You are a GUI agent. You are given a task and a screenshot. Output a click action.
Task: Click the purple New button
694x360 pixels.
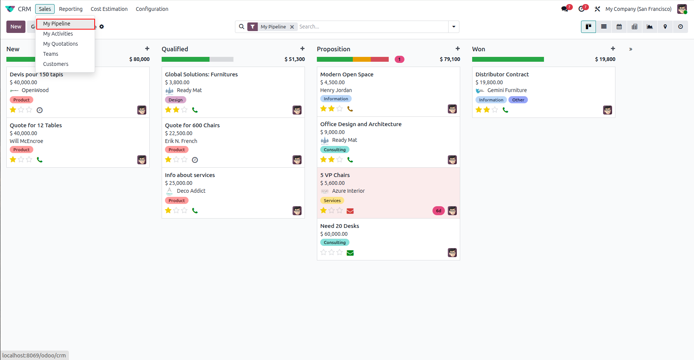coord(16,27)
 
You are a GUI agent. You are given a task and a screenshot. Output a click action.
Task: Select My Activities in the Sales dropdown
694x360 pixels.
coord(58,34)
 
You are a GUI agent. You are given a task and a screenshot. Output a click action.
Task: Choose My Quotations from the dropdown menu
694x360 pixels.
coord(60,44)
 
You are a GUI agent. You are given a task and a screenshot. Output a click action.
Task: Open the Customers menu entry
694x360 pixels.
coord(56,64)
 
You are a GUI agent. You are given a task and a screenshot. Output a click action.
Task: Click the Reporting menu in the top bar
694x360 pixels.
coord(71,9)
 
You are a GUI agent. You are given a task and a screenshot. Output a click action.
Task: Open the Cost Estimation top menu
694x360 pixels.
coord(109,9)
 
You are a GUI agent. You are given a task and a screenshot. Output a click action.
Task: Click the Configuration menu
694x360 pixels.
coord(152,9)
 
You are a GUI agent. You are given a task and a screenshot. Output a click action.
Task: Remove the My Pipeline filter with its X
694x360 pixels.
coord(292,27)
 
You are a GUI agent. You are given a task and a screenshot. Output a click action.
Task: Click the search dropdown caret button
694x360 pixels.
coord(454,27)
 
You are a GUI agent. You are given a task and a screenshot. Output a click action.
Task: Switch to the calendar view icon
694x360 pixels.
coord(619,27)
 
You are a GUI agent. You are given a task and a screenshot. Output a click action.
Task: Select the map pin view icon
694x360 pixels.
coord(665,27)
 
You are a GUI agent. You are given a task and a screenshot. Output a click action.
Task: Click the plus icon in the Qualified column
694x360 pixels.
coord(302,49)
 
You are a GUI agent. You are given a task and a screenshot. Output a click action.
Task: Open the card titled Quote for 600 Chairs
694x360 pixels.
coord(192,125)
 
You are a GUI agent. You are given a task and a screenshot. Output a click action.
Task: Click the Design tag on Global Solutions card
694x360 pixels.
coord(175,100)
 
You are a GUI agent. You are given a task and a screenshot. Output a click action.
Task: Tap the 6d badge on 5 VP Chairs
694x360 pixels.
coord(438,211)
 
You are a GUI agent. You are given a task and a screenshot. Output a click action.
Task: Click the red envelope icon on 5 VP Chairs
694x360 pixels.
coord(350,211)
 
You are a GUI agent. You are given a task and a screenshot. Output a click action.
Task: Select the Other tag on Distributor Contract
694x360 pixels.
coord(518,100)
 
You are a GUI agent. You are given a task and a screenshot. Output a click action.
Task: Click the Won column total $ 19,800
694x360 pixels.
coord(605,59)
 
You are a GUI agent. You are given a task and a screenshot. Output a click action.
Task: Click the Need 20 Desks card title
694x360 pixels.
coord(340,226)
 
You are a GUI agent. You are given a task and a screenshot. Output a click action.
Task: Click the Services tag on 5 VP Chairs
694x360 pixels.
coord(332,201)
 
